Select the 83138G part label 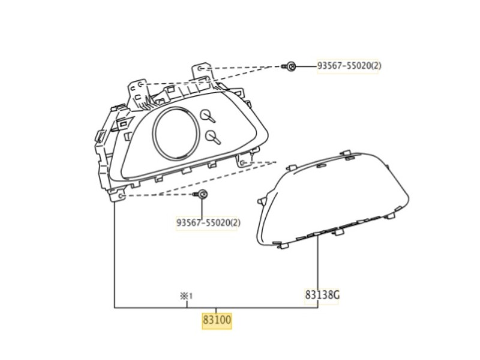pyautogui.click(x=322, y=295)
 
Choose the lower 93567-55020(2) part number pyautogui.click(x=208, y=223)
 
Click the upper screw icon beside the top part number pyautogui.click(x=291, y=67)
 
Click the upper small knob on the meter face pyautogui.click(x=208, y=115)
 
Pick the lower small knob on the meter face pyautogui.click(x=212, y=137)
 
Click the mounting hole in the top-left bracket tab pyautogui.click(x=140, y=85)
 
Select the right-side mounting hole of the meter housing pyautogui.click(x=243, y=161)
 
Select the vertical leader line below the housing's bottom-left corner pyautogui.click(x=115, y=252)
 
